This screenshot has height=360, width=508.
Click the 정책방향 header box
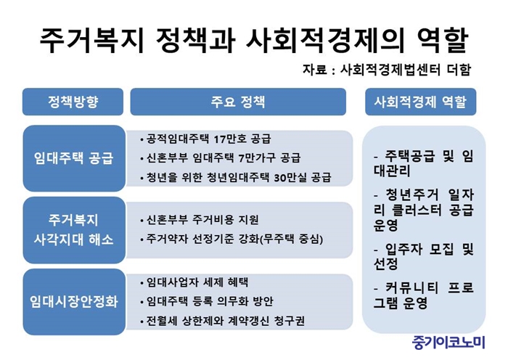pos(73,102)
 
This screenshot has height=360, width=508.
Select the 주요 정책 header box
pos(238,102)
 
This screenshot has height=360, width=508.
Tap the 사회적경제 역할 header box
pos(420,102)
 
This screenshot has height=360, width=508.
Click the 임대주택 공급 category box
pos(74,158)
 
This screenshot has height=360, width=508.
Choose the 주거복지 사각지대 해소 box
pos(74,230)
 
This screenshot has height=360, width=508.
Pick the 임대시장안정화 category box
pos(74,302)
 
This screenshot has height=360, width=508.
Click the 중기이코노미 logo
pos(448,343)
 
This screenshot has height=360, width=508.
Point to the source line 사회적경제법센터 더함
pos(405,70)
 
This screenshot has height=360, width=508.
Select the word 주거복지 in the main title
pos(91,40)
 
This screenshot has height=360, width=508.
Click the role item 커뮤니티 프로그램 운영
pos(424,295)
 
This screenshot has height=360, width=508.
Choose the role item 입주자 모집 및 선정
pos(424,257)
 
